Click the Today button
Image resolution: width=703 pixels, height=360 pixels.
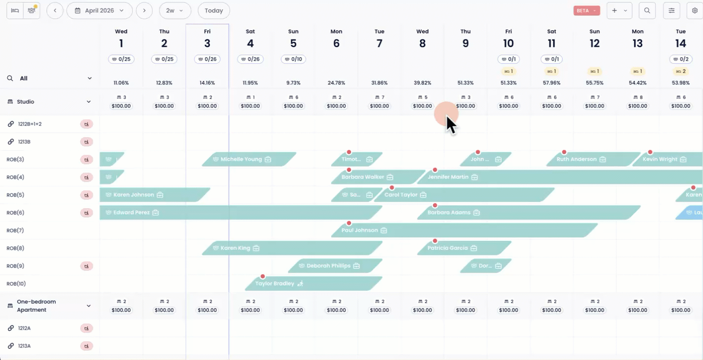pos(213,10)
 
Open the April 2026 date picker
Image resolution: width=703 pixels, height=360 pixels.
pos(99,10)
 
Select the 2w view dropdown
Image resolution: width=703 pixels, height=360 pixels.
pos(175,10)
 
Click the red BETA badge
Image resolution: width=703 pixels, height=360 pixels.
pos(586,10)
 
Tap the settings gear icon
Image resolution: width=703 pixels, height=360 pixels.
pos(695,10)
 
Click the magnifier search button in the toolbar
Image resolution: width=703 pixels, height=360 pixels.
pos(647,10)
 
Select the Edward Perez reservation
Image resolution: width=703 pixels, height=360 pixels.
pos(197,213)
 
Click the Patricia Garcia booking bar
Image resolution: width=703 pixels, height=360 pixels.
pos(458,248)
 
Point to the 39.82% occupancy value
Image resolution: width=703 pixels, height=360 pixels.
pos(422,83)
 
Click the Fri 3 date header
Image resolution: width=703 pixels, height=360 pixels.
pos(207,38)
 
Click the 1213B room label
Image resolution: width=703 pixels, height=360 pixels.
pos(25,142)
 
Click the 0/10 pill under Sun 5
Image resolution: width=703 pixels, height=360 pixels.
pos(293,59)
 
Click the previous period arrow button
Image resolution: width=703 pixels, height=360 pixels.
pos(55,10)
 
